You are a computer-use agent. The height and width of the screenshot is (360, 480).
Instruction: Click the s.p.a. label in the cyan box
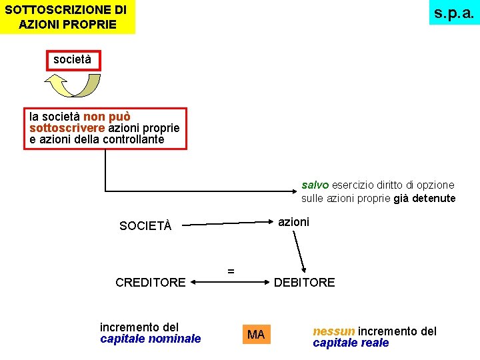(x=454, y=13)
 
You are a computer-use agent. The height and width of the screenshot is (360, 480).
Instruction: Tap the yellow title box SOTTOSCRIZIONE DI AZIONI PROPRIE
(x=67, y=17)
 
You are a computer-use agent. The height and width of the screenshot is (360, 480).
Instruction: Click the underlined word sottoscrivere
(x=67, y=128)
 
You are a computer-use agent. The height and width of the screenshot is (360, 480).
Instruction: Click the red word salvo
(x=315, y=185)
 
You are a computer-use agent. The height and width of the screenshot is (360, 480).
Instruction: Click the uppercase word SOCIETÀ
(x=145, y=226)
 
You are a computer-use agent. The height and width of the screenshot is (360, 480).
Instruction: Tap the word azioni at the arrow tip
(x=293, y=222)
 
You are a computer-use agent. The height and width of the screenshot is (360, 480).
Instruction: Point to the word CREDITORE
(x=151, y=283)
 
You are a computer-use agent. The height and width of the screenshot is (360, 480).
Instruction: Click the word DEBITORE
(x=305, y=283)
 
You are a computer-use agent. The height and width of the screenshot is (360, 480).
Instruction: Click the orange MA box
(x=256, y=334)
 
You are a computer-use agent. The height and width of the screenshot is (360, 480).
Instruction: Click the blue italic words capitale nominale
(x=150, y=339)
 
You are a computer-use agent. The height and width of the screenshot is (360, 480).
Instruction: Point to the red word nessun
(x=334, y=331)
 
